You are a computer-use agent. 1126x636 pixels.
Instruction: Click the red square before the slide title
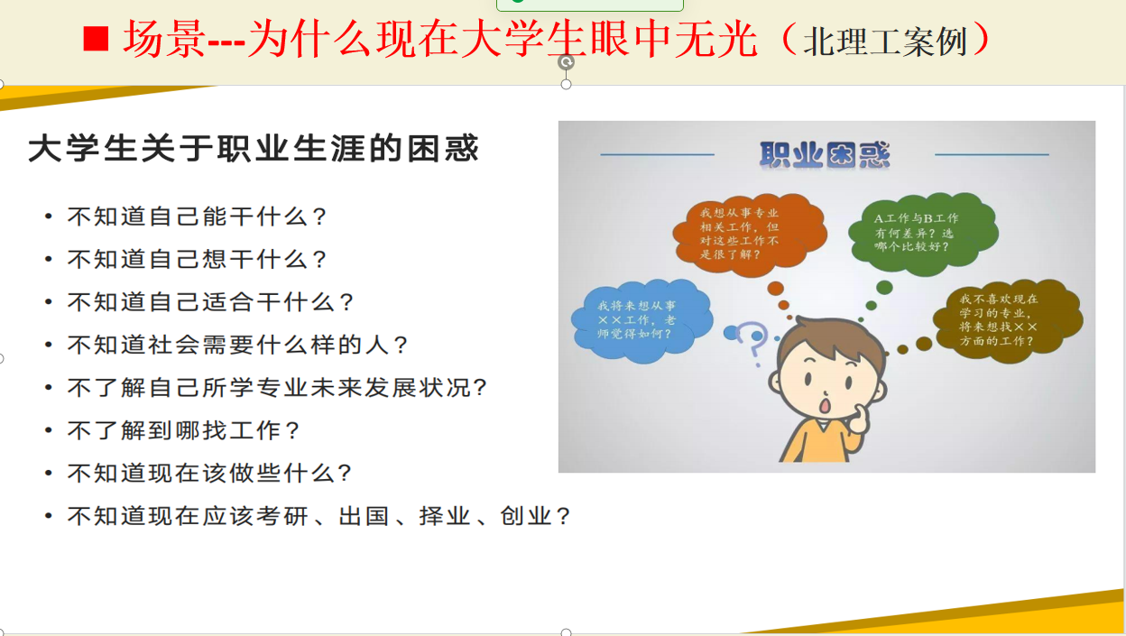point(96,39)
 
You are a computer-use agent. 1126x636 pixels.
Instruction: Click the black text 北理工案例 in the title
point(885,41)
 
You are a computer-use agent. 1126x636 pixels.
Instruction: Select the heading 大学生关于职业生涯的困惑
point(254,148)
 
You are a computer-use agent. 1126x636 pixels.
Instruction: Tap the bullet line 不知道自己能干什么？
point(198,217)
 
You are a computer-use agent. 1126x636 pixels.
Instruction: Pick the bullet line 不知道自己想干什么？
point(198,260)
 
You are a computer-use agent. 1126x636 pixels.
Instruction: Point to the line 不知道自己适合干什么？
point(211,302)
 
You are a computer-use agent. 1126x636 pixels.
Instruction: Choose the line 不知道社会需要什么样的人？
point(238,345)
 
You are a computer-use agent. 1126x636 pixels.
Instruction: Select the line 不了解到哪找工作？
point(184,430)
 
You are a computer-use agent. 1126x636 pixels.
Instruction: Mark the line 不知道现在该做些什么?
point(209,473)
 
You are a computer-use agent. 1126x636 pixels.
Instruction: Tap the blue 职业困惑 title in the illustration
point(825,154)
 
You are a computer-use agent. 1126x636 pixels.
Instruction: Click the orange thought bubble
point(750,235)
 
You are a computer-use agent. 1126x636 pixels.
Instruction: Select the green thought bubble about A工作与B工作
point(923,234)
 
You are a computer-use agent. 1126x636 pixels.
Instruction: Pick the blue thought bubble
point(641,321)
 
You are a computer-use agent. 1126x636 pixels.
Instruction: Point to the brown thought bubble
point(1008,321)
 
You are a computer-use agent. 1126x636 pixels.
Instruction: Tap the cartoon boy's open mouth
point(825,405)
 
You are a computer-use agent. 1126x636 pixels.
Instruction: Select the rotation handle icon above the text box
point(566,62)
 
